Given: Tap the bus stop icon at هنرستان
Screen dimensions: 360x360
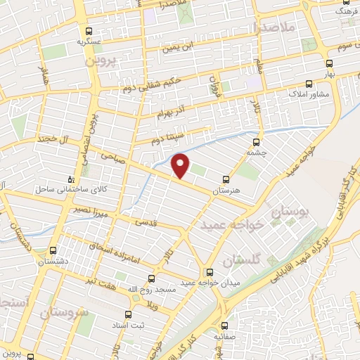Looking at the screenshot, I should click(226, 179).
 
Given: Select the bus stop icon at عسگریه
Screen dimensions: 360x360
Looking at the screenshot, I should click(89, 31).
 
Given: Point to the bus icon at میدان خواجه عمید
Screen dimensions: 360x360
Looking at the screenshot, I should click(209, 272).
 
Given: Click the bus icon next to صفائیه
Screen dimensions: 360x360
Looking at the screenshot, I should click(224, 326).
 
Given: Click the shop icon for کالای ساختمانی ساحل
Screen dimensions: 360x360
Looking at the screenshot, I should click(69, 179).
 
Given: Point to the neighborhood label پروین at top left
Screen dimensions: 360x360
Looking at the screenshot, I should click(99, 61).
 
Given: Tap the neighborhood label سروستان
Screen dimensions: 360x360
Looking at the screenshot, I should click(67, 311).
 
